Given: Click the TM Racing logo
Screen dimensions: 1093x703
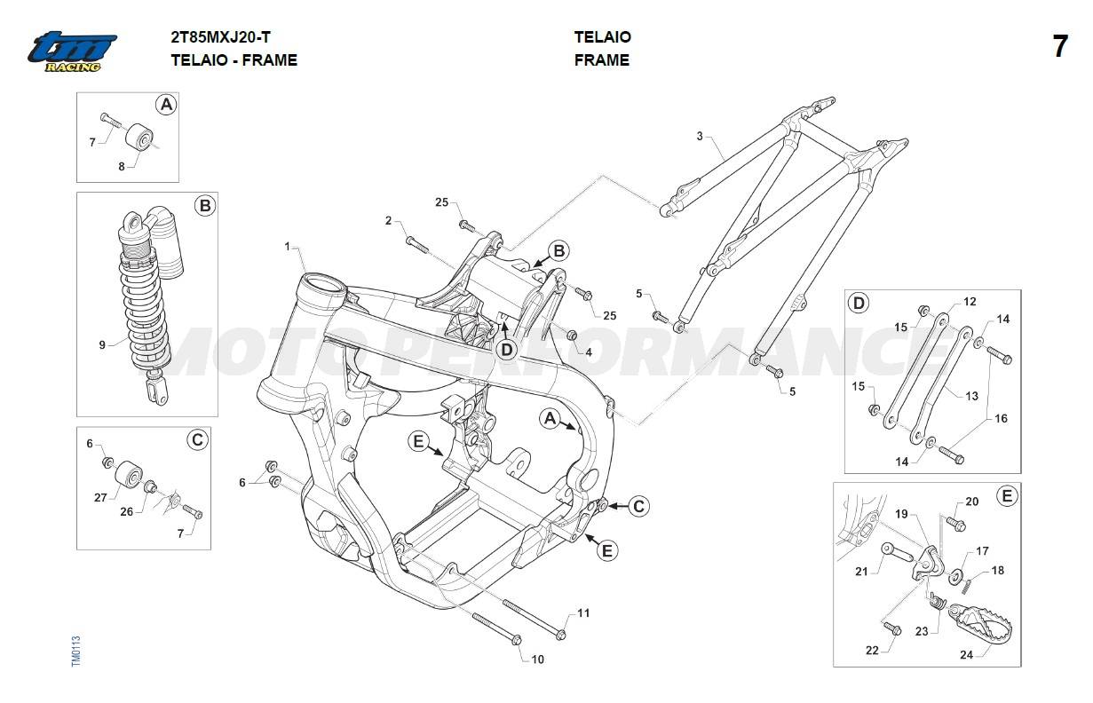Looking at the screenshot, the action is tap(72, 51).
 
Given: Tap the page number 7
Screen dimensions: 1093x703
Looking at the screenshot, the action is tap(1060, 47).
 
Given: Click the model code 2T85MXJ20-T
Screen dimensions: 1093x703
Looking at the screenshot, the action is tap(220, 37).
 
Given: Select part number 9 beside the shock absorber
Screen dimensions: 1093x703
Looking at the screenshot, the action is tap(102, 345).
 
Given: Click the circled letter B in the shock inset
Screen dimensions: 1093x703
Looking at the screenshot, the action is tap(205, 205).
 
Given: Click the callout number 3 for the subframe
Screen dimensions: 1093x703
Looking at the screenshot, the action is tap(700, 136).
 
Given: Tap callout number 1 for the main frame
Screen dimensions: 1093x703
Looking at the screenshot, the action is tap(288, 247).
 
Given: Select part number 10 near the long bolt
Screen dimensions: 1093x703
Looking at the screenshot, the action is tap(537, 660).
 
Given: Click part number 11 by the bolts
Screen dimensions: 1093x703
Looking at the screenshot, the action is tap(583, 613).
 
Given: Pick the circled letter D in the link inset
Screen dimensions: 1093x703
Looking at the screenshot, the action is tap(859, 304).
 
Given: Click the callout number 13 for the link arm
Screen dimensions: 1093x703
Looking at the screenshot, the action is tap(971, 396).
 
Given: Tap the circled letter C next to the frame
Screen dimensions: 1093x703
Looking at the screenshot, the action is tap(638, 507).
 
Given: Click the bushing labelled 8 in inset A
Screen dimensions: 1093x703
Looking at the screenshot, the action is tap(139, 138).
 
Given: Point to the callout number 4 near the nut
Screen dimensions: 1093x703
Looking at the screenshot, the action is tap(589, 352).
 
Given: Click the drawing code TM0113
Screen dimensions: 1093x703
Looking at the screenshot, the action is tap(75, 651).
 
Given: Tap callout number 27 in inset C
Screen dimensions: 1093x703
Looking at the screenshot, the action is tap(100, 498).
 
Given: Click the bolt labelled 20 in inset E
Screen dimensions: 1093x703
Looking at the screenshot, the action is tap(956, 524).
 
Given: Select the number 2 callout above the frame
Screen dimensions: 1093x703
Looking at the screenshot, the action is tap(388, 220).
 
